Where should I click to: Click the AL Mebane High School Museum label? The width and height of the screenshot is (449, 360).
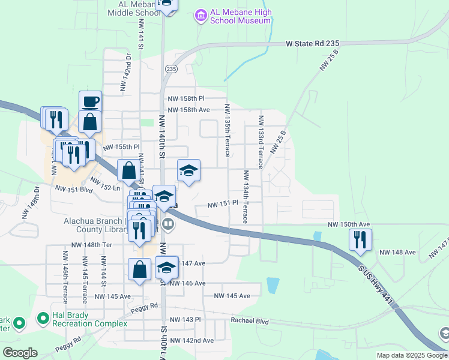240,16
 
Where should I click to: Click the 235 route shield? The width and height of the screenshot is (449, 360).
172,69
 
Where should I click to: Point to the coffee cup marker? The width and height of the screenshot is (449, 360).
90,101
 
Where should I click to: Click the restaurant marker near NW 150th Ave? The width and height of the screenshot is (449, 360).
360,240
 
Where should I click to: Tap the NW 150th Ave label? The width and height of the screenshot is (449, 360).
349,224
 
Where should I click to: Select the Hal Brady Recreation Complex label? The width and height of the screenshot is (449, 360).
70,319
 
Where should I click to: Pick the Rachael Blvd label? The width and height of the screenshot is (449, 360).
250,321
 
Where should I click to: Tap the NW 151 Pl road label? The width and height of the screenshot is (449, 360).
223,205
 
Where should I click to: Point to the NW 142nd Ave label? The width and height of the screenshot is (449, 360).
191,340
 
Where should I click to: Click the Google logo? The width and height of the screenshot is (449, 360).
20,353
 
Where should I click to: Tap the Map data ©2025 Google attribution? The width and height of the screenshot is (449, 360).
412,355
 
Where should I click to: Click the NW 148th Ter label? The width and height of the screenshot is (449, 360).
91,245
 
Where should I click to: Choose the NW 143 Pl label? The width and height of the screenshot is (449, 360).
185,320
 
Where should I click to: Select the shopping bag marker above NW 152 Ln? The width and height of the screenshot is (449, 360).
129,171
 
